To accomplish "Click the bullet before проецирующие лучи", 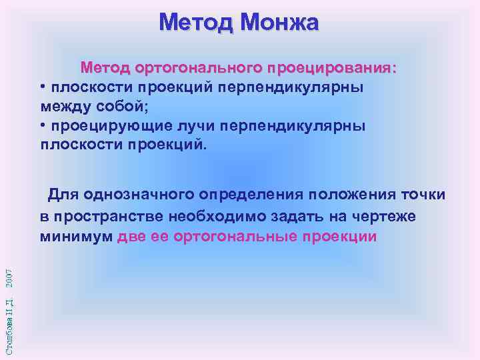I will coord(43,125).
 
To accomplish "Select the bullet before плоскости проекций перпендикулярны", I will coord(43,87).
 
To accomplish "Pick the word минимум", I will coord(75,237).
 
